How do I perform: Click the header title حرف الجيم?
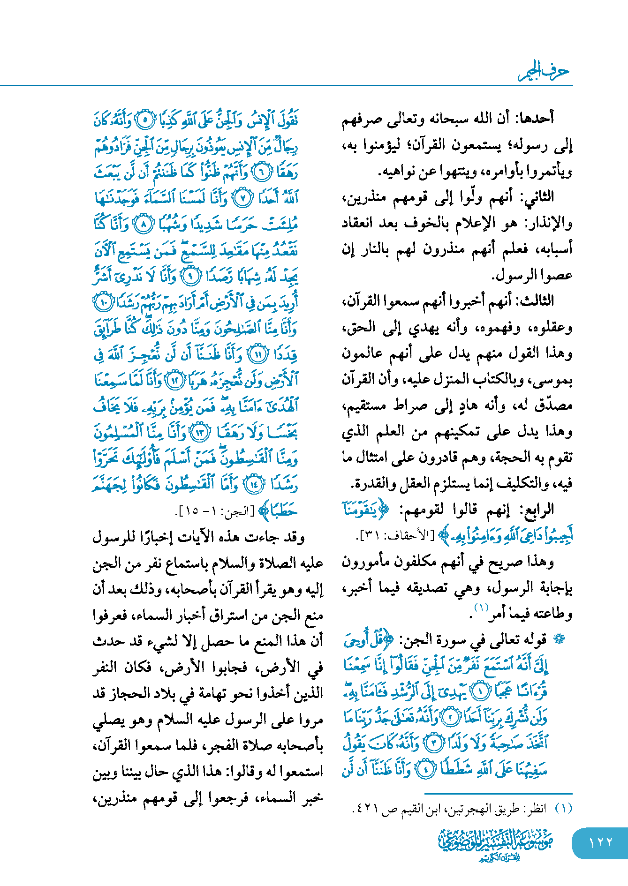pyautogui.click(x=544, y=71)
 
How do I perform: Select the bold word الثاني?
pyautogui.click(x=539, y=196)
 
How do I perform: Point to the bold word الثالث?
pyautogui.click(x=536, y=300)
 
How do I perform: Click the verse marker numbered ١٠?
pyautogui.click(x=103, y=302)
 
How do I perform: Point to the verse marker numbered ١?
pyautogui.click(x=479, y=691)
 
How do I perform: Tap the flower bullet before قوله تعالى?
pyautogui.click(x=558, y=639)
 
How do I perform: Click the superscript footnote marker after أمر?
pyautogui.click(x=481, y=608)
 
